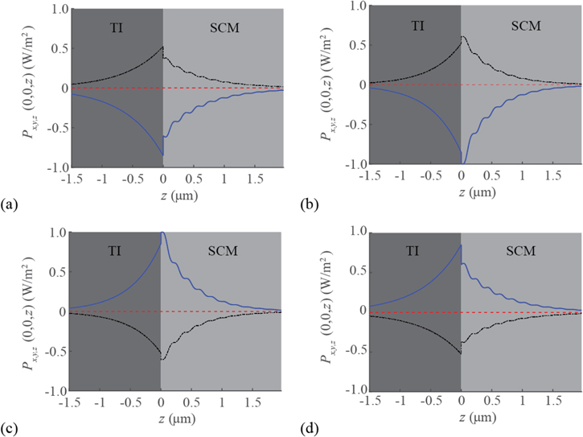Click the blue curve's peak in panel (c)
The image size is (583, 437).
pyautogui.click(x=163, y=233)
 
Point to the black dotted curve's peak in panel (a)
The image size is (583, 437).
pyautogui.click(x=162, y=47)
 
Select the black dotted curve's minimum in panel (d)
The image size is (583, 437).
pyautogui.click(x=461, y=352)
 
